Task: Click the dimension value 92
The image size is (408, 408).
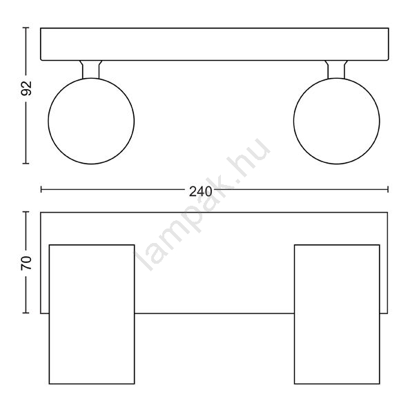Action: click(26, 88)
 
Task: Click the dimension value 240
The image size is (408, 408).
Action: click(201, 192)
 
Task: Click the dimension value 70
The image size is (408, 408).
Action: click(26, 262)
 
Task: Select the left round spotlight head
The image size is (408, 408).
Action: click(91, 121)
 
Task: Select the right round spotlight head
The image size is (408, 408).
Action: click(336, 121)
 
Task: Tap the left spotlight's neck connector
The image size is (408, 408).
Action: click(91, 69)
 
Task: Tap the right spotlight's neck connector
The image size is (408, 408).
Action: click(336, 69)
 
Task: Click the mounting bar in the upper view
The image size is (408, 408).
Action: click(215, 44)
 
